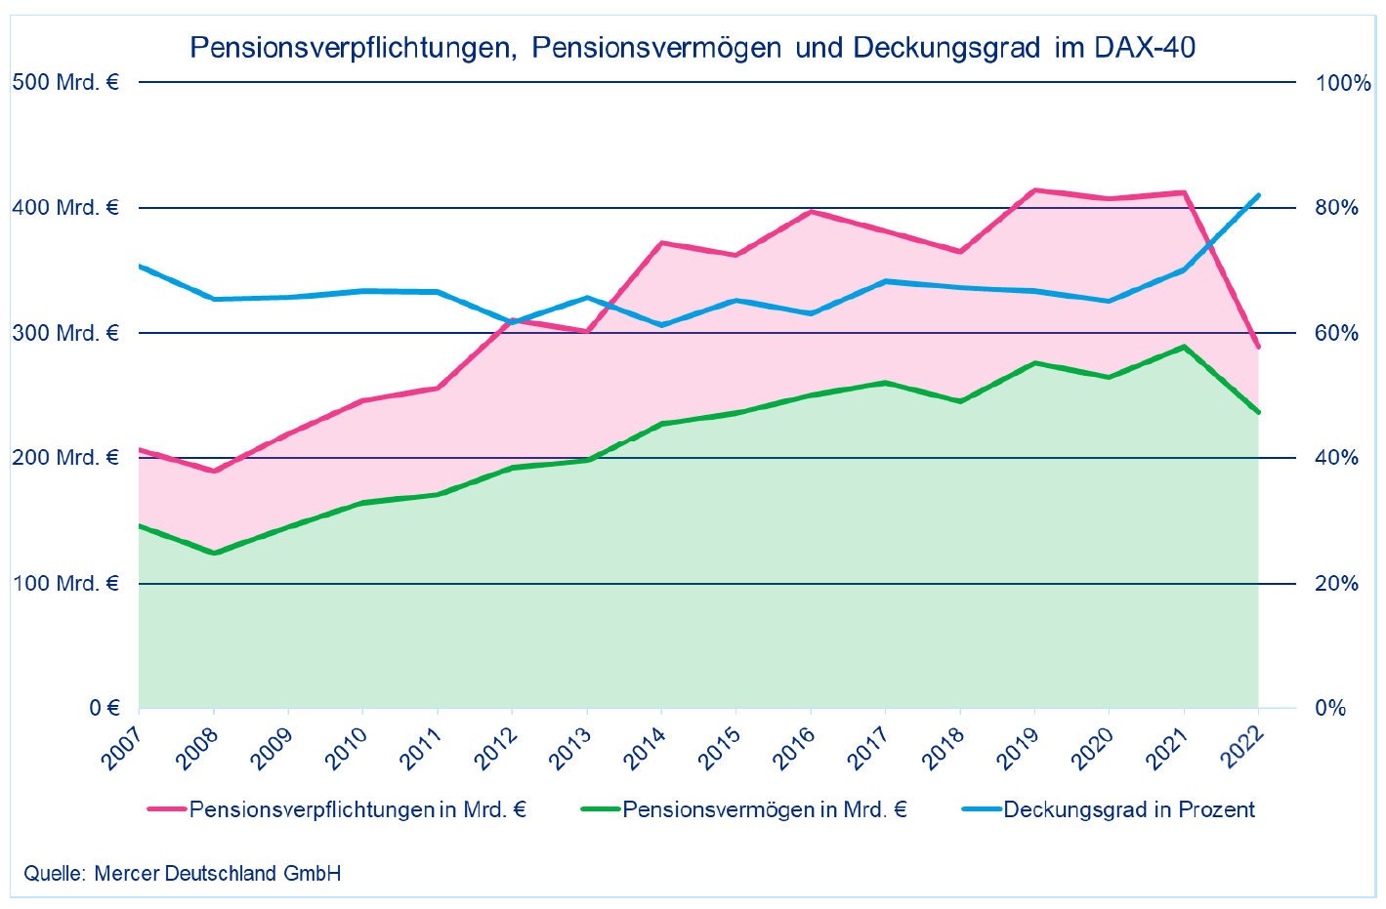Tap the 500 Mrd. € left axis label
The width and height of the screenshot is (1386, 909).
(x=65, y=82)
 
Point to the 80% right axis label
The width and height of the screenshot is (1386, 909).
(x=1337, y=208)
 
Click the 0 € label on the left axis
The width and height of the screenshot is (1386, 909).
(x=105, y=708)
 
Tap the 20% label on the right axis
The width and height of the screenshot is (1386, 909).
(x=1337, y=584)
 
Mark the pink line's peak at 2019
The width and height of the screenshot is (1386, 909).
(x=1034, y=190)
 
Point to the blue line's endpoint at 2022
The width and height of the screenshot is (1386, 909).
(x=1258, y=195)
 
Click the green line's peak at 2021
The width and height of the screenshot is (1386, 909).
(x=1184, y=347)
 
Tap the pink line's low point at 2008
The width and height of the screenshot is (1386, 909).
(x=214, y=471)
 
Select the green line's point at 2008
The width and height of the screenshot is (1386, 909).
(x=214, y=554)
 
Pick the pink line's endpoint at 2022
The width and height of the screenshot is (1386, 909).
(x=1258, y=347)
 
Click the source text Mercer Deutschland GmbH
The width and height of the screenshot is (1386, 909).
(x=218, y=873)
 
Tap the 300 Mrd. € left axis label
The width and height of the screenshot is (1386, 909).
(x=65, y=333)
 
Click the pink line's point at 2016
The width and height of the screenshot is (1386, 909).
(x=811, y=212)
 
